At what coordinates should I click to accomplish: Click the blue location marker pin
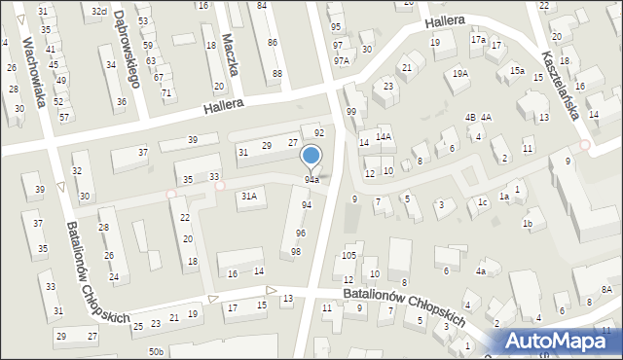(x=311, y=158)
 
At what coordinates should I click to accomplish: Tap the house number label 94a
(x=311, y=180)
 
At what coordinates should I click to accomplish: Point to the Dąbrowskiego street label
(x=124, y=49)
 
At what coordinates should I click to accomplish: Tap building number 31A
(x=249, y=197)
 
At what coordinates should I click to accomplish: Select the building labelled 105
(x=348, y=256)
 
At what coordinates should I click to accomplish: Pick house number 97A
(x=341, y=60)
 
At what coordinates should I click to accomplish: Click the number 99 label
(x=349, y=113)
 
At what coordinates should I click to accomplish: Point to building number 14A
(x=384, y=137)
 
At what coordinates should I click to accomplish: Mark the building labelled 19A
(x=459, y=74)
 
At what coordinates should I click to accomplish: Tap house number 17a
(x=478, y=40)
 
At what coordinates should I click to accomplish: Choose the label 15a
(x=517, y=71)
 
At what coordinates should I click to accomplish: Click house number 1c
(x=482, y=202)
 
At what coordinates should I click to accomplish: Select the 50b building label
(x=156, y=350)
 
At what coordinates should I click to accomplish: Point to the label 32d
(x=99, y=11)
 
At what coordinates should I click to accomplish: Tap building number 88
(x=277, y=74)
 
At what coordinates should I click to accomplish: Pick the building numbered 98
(x=296, y=252)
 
